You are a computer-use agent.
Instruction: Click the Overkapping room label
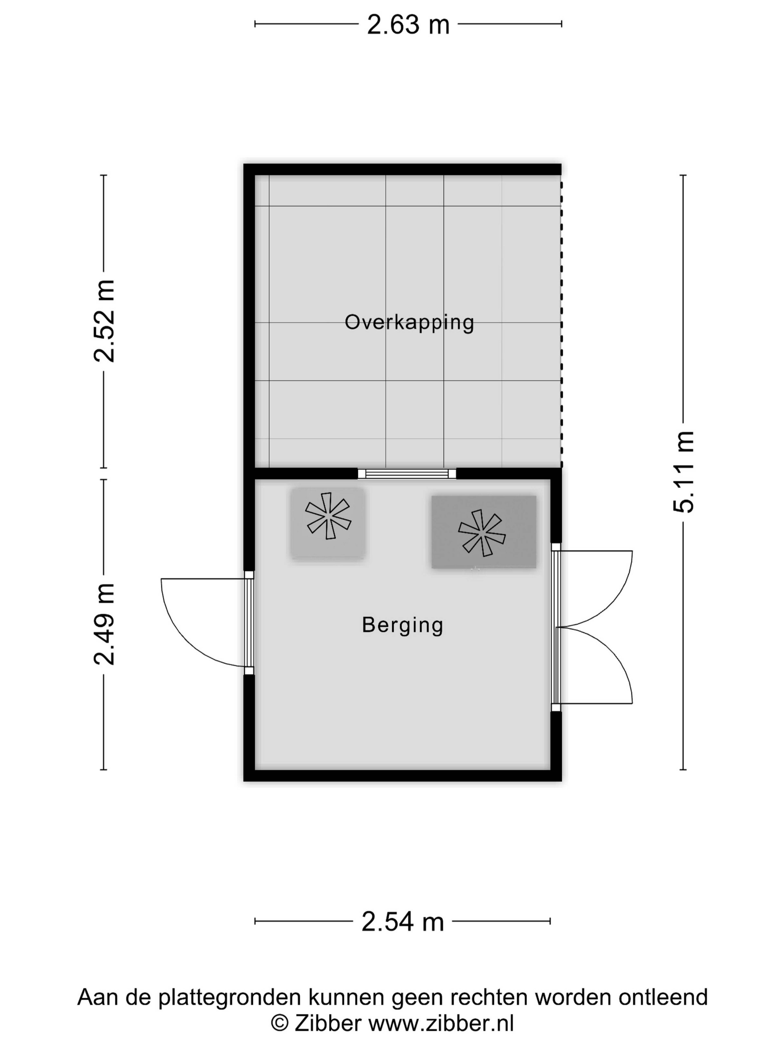tap(409, 323)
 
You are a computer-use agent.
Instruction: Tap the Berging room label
tap(403, 625)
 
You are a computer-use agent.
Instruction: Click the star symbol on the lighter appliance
tap(328, 516)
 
